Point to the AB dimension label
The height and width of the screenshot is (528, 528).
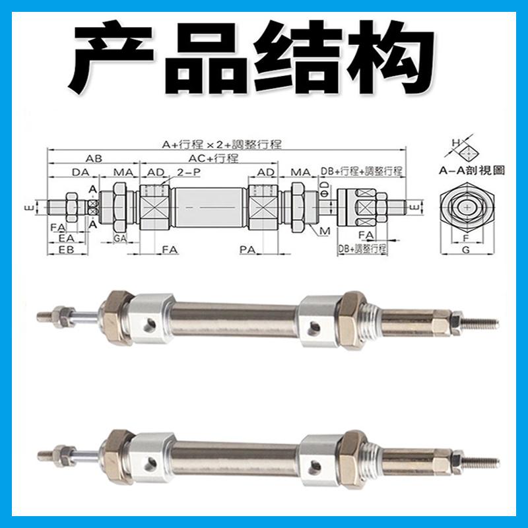pyautogui.click(x=93, y=158)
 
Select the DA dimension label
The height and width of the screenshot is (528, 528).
pyautogui.click(x=80, y=172)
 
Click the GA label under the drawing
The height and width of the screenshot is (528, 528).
pyautogui.click(x=119, y=237)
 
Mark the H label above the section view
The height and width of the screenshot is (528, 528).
pyautogui.click(x=454, y=142)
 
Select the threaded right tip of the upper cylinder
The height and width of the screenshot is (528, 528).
pyautogui.click(x=482, y=324)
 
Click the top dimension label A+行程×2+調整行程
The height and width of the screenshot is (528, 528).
pyautogui.click(x=222, y=144)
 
